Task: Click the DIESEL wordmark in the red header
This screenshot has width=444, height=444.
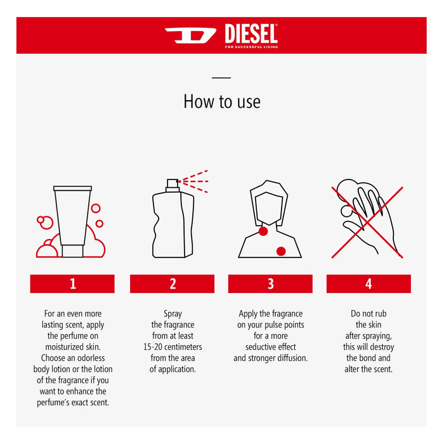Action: click(251, 32)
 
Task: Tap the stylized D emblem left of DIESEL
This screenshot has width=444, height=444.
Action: click(190, 35)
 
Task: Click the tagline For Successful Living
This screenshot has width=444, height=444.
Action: click(251, 46)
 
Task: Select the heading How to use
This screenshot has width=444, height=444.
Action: click(221, 101)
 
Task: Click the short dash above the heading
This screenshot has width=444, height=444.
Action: click(221, 78)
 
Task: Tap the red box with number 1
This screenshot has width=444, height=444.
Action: click(72, 284)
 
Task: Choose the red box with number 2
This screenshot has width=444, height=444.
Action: click(172, 284)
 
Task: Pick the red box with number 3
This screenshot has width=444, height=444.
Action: click(270, 284)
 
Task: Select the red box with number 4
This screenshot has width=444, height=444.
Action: click(369, 284)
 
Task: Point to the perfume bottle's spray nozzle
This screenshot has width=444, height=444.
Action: click(172, 185)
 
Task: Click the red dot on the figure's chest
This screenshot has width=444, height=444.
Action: click(281, 251)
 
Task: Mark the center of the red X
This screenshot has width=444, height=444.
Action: click(367, 222)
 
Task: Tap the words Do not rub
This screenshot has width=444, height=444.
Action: click(369, 313)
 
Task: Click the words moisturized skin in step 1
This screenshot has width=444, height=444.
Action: click(72, 347)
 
